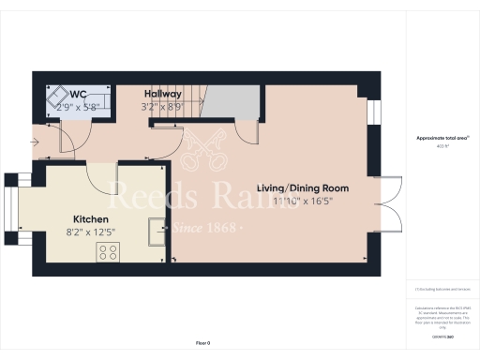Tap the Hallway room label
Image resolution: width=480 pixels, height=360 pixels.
162,94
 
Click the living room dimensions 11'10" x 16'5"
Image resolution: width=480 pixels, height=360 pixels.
315,201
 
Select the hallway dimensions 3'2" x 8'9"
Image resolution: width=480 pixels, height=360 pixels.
160,106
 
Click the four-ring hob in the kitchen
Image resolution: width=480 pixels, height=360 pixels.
108,250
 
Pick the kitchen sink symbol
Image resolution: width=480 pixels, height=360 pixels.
156,228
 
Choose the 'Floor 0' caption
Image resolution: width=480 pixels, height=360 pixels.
203,343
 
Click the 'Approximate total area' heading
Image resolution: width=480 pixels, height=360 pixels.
442,138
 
